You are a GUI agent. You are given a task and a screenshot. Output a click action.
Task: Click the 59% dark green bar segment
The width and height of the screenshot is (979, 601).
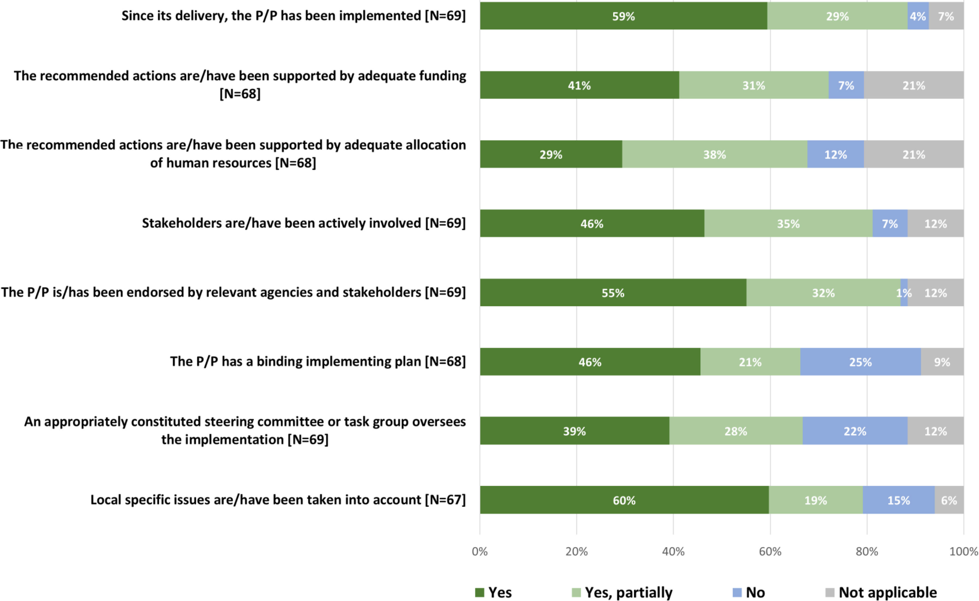[x=624, y=16]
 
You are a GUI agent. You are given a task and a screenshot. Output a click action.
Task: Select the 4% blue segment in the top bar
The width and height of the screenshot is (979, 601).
[x=918, y=16]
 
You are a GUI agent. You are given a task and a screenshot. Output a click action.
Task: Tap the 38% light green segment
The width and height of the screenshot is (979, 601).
[x=715, y=154]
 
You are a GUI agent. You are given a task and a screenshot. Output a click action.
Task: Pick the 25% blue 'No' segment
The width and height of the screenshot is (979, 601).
[x=861, y=362]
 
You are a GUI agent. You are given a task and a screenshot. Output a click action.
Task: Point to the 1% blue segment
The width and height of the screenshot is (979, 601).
[x=904, y=292]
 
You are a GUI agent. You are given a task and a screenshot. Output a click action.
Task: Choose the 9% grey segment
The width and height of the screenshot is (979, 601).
[x=942, y=362]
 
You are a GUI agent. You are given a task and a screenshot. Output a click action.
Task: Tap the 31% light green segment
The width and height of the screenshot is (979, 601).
[x=754, y=85]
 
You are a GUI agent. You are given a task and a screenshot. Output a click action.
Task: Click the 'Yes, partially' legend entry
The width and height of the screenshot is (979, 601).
[x=622, y=592]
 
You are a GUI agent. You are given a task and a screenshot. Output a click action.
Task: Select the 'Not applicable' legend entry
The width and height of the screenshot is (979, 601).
[x=881, y=592]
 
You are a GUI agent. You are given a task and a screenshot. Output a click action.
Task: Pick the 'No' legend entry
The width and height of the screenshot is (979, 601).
[x=749, y=592]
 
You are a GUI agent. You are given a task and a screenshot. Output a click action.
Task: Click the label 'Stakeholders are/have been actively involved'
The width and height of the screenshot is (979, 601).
[x=281, y=223]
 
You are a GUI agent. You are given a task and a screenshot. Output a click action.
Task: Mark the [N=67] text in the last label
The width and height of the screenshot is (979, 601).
[x=445, y=500]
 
